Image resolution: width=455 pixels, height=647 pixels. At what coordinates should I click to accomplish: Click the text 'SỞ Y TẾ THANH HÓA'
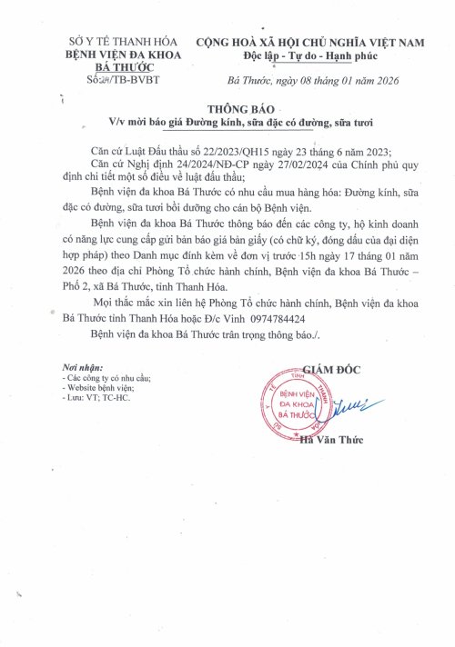(x=126, y=43)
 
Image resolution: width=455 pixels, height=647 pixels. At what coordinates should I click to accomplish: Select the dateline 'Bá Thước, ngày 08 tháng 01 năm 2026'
(x=309, y=80)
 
